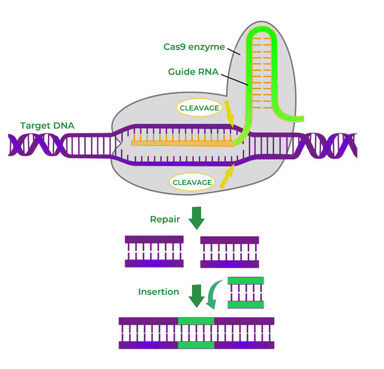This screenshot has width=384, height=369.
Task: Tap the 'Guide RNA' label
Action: point(193,72)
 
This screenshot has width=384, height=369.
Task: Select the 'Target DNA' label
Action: point(47,126)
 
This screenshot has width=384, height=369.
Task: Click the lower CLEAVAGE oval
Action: point(192,182)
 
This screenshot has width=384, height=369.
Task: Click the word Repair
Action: point(165,219)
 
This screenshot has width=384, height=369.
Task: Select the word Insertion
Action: point(158,292)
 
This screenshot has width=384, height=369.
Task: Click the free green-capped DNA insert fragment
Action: point(245,292)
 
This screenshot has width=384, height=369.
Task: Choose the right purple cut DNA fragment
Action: point(229,252)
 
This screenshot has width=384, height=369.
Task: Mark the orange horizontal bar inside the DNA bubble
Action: point(182,144)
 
